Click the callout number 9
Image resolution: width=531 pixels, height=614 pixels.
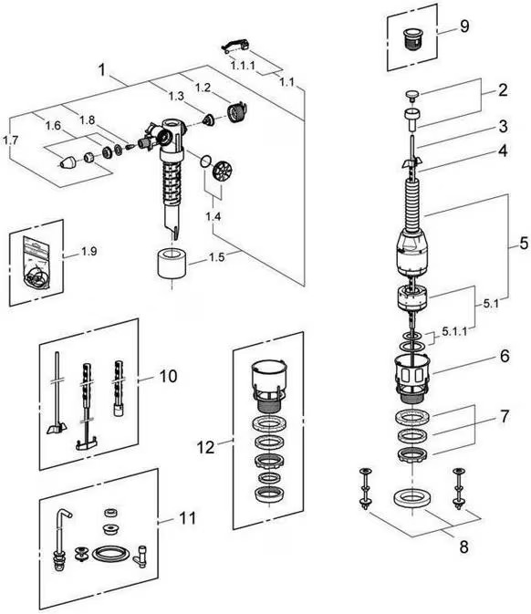click(x=464, y=26)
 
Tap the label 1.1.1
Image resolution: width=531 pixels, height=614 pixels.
click(x=243, y=65)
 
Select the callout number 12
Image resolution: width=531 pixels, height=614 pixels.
click(x=206, y=447)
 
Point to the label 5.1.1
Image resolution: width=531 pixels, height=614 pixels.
click(x=454, y=332)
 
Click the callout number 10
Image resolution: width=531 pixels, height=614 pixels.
click(x=168, y=376)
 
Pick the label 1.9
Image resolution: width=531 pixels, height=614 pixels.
click(x=88, y=251)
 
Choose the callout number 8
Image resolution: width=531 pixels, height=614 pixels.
click(x=464, y=546)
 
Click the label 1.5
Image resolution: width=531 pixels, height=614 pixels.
click(x=216, y=257)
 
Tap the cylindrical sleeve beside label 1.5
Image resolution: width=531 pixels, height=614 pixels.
click(x=172, y=264)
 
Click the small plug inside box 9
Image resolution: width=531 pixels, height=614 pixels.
click(x=410, y=38)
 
